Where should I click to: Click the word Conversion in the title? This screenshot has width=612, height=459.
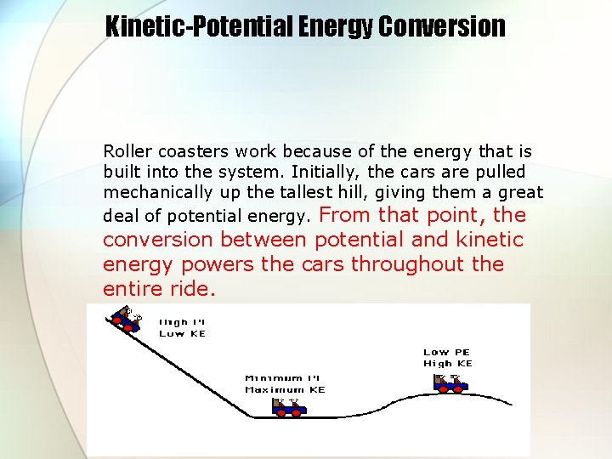[x=441, y=26]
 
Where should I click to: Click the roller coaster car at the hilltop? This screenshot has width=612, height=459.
[x=126, y=321]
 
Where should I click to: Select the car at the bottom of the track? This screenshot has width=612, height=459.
[x=289, y=407]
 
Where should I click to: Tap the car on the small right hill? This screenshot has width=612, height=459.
[x=450, y=382]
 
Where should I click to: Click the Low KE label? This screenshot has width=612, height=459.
[x=182, y=334]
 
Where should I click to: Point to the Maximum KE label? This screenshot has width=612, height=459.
[x=285, y=389]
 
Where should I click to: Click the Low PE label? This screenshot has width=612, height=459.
[x=446, y=352]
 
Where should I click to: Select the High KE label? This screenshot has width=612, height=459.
[x=447, y=364]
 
